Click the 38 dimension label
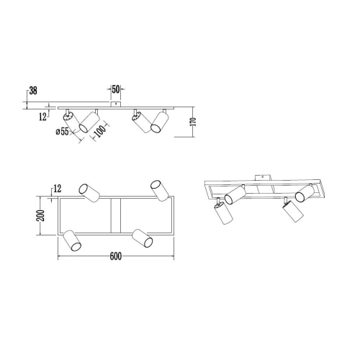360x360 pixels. [x=32, y=91]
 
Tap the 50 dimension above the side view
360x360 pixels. [x=115, y=91]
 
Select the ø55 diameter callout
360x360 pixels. [x=61, y=131]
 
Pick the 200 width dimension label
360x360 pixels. [x=42, y=214]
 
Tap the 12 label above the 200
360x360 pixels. [x=56, y=189]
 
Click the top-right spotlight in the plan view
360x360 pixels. [x=159, y=189]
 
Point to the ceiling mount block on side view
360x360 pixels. [x=113, y=104]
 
